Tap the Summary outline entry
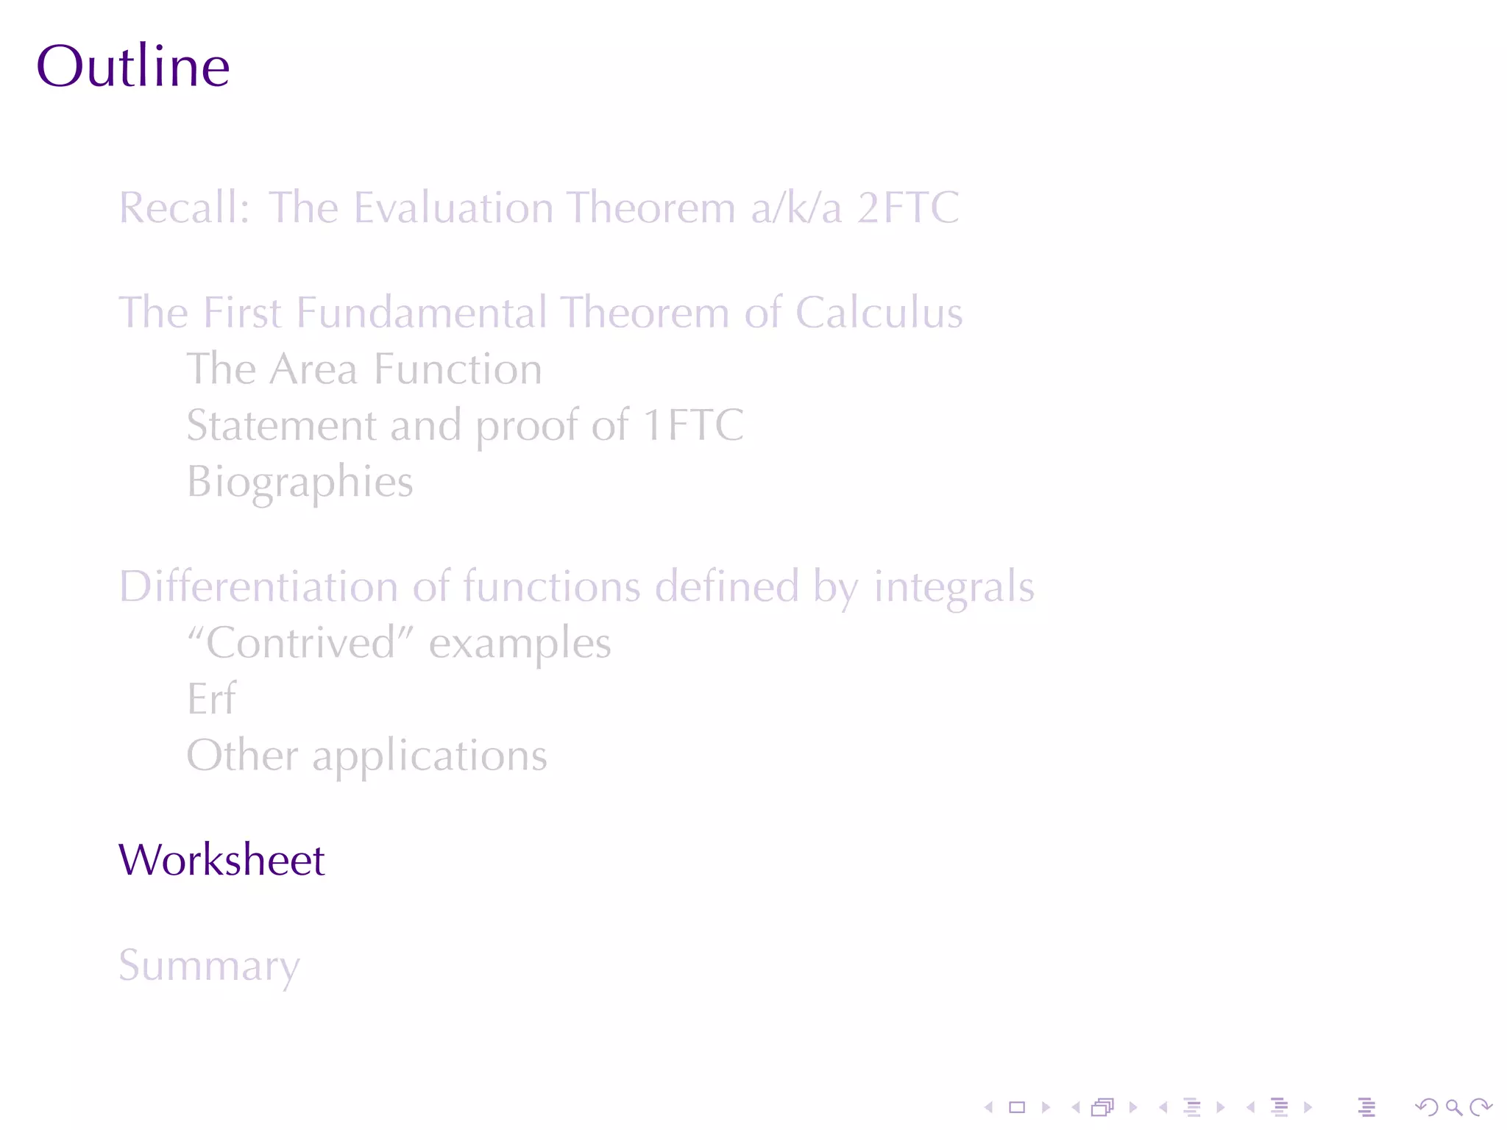point(209,965)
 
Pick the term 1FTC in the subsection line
point(692,425)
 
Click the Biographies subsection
point(299,483)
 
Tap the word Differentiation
point(258,587)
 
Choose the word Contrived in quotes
point(301,643)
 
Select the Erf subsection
point(211,699)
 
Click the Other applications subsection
point(366,756)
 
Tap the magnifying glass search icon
point(1453,1107)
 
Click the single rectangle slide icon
point(1017,1107)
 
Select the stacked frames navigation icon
point(1102,1107)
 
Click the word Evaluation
point(453,207)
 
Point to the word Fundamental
point(422,313)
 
